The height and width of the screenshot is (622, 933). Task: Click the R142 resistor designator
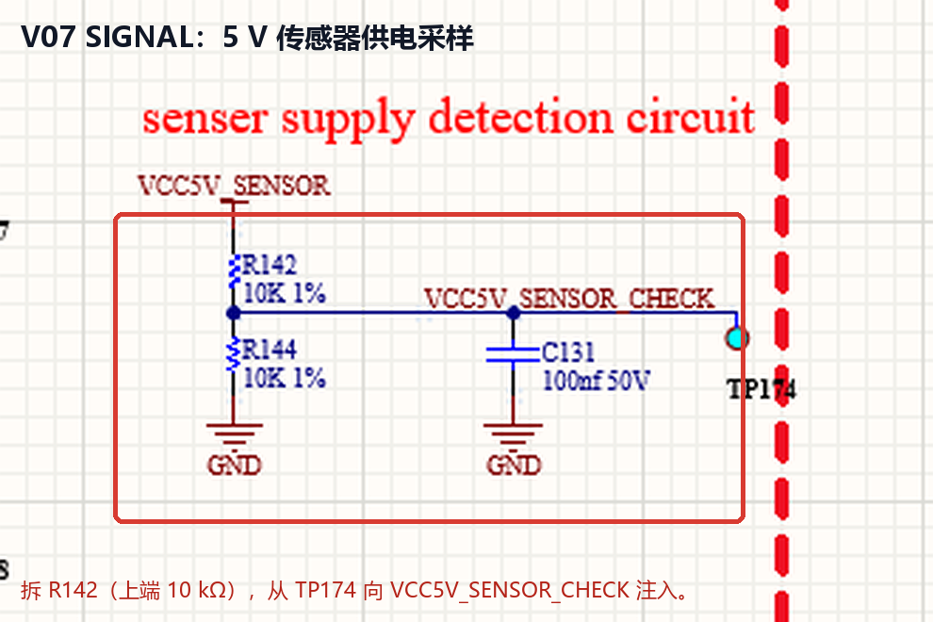tap(270, 264)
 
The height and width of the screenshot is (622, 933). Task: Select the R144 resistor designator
tap(270, 350)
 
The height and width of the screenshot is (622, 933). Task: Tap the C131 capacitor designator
tap(568, 352)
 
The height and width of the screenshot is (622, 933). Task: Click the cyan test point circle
tap(737, 338)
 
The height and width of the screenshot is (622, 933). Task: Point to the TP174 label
tap(761, 390)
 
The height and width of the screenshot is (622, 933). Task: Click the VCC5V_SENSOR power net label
tap(234, 186)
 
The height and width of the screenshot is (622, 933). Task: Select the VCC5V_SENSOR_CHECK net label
tap(569, 298)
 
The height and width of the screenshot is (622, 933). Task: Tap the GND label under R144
tap(235, 465)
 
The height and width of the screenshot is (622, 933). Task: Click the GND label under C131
tap(514, 465)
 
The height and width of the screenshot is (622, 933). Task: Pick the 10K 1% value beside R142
tap(285, 293)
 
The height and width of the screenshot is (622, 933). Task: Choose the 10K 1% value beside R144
tap(285, 378)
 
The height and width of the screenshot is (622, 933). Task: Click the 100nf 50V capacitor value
tap(597, 381)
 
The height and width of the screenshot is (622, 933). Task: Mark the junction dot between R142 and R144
tap(234, 313)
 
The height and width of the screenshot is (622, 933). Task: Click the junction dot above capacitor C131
tap(514, 313)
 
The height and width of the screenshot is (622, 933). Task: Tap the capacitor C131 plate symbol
tap(513, 354)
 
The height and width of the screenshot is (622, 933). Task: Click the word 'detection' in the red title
tap(520, 117)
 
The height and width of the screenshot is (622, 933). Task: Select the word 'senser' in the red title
tap(205, 119)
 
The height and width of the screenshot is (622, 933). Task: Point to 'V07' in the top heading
tap(48, 37)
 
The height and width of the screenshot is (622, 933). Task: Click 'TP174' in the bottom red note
tap(325, 590)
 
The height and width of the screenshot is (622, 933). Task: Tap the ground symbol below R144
tap(235, 435)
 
